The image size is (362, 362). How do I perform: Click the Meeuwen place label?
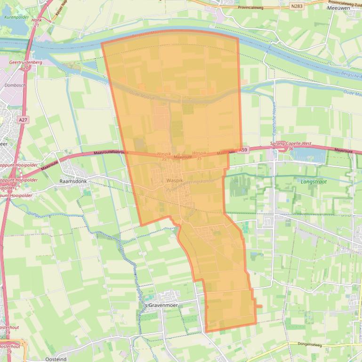tap(338, 8)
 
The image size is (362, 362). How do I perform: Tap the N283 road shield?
tap(297, 6)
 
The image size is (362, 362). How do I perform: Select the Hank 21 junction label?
tap(37, 23)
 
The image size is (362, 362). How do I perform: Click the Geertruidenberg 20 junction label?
tap(25, 64)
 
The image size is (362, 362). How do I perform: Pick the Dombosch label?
tap(15, 86)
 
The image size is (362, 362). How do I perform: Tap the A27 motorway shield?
tap(23, 120)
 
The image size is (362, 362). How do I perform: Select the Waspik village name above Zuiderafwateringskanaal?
tap(175, 180)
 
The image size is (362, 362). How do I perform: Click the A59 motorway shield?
tap(243, 150)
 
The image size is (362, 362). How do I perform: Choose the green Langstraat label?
tap(313, 181)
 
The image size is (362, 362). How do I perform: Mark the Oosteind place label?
tap(56, 359)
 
